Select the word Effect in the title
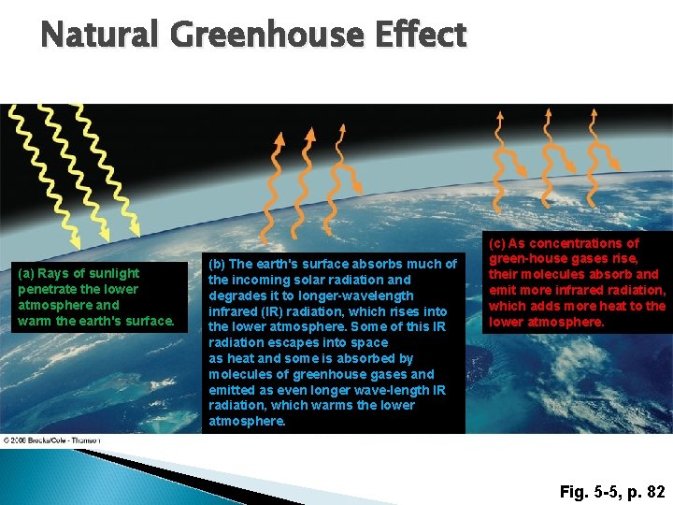(x=422, y=36)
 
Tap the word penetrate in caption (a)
(x=50, y=289)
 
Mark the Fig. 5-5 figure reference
(x=590, y=491)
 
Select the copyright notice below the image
(x=51, y=440)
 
